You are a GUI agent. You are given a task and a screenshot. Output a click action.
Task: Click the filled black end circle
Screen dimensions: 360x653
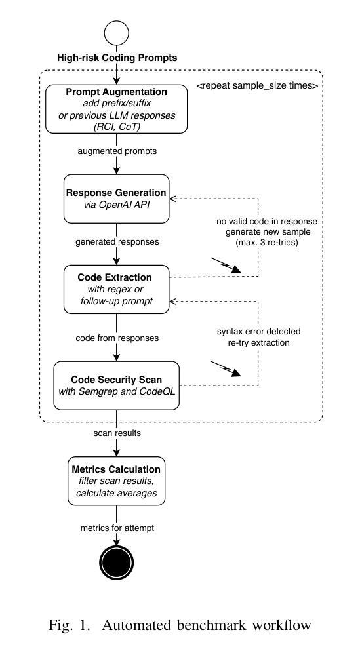click(117, 563)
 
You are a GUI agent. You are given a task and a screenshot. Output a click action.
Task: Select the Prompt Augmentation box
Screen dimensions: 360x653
click(117, 109)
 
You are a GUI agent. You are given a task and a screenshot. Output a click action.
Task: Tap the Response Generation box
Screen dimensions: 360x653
click(117, 199)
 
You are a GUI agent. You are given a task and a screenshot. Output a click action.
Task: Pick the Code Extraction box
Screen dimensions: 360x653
click(117, 288)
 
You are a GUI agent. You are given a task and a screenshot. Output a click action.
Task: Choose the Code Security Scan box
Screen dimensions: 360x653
click(117, 386)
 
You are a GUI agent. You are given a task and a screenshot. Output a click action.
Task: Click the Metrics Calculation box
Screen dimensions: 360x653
click(117, 481)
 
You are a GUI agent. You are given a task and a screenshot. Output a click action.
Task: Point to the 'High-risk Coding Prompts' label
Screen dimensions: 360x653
click(117, 58)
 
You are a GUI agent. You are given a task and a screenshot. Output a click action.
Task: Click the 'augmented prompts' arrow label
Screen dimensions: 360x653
click(117, 151)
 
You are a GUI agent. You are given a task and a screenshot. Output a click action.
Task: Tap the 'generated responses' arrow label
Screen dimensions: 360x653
click(117, 241)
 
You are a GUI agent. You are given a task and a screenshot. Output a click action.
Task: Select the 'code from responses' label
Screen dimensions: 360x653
click(117, 338)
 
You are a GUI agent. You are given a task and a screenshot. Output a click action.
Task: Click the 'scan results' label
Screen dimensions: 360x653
click(117, 433)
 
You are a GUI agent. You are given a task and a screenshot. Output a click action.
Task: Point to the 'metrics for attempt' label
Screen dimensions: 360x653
click(117, 528)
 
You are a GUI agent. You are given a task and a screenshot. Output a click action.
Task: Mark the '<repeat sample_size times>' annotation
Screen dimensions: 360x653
click(258, 87)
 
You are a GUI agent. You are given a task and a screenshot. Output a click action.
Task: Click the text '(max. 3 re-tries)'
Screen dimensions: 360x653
click(267, 243)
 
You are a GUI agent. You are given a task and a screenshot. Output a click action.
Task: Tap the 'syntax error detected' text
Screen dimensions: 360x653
click(259, 332)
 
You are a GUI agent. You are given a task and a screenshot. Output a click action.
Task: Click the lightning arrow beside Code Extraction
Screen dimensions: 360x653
click(226, 266)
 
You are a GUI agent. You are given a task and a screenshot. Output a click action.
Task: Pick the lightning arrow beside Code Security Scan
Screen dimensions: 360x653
click(226, 369)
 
